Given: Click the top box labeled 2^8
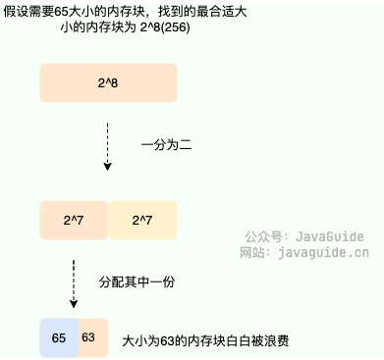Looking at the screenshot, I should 108,83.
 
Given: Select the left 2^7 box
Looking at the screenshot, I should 74,221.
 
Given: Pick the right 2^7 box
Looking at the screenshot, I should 142,221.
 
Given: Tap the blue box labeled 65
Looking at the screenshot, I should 59,336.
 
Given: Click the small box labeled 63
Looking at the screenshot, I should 88,336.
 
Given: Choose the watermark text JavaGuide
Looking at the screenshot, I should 328,236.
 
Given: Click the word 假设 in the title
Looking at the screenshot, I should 18,10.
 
